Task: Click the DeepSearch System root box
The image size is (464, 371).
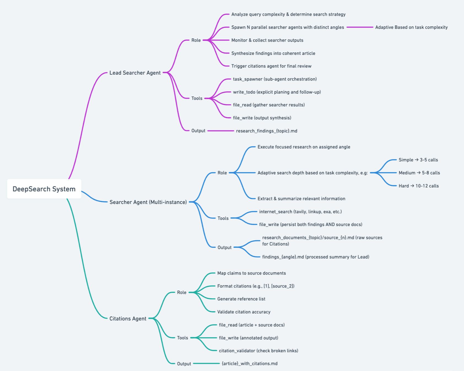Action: pyautogui.click(x=44, y=189)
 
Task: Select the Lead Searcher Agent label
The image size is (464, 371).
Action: pyautogui.click(x=135, y=73)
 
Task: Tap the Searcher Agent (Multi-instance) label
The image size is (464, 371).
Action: pyautogui.click(x=148, y=202)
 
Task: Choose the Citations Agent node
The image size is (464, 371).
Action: pyautogui.click(x=128, y=319)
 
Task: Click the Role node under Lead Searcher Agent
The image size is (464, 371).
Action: pyautogui.click(x=196, y=40)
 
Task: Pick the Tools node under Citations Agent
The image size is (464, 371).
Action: pyautogui.click(x=182, y=338)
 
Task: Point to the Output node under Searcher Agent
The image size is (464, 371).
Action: pyautogui.click(x=224, y=248)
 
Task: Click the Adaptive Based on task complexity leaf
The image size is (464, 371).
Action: pyautogui.click(x=411, y=27)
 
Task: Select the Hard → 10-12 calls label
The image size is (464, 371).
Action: pyautogui.click(x=419, y=186)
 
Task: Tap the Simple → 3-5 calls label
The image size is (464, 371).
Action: pyautogui.click(x=418, y=160)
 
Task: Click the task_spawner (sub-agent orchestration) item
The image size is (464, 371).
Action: pyautogui.click(x=275, y=79)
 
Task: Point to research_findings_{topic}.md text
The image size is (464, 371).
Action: pyautogui.click(x=266, y=131)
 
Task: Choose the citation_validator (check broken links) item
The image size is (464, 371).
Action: pyautogui.click(x=258, y=351)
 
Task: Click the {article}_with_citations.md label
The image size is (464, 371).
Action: pyautogui.click(x=249, y=364)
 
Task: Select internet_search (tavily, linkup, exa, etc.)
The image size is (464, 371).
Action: pyautogui.click(x=300, y=212)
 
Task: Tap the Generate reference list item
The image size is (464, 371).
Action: pyautogui.click(x=241, y=299)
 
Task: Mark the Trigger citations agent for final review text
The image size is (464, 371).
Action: pyautogui.click(x=271, y=66)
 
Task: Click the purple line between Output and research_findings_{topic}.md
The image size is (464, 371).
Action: pyautogui.click(x=220, y=131)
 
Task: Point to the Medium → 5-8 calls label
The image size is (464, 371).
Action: pyautogui.click(x=419, y=173)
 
